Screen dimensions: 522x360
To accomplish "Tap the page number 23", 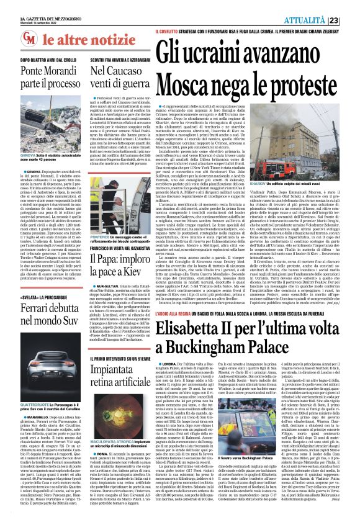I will (351, 20).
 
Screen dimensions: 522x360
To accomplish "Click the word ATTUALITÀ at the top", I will (323, 20).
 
